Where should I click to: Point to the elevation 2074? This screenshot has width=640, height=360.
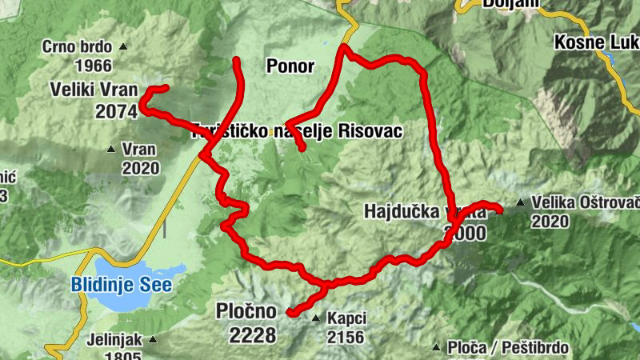point(116,112)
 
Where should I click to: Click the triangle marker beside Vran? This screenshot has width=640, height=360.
point(113,149)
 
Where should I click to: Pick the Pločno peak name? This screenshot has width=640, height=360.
point(246,311)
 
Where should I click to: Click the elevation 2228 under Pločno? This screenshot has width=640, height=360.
point(252,335)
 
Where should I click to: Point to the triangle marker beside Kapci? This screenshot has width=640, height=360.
point(316,318)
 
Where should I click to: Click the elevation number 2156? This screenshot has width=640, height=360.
point(346,336)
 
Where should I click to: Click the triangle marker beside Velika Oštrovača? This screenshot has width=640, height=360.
point(521,202)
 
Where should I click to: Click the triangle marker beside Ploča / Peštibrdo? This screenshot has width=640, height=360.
point(436,348)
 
